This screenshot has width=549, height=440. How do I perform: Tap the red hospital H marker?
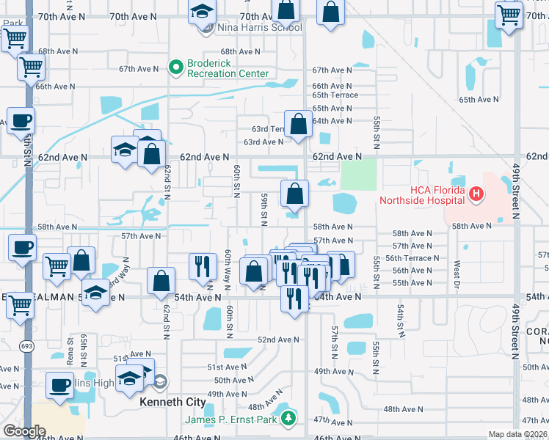(476, 194)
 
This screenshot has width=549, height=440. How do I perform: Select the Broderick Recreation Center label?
(228, 68)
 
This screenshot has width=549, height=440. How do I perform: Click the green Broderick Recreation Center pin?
(176, 68)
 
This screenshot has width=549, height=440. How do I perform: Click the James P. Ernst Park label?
(231, 419)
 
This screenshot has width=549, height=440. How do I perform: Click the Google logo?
(23, 431)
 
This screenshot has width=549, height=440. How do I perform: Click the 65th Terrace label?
(335, 95)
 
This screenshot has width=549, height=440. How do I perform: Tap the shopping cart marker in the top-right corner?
(509, 15)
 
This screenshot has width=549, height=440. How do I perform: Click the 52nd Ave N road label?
(277, 340)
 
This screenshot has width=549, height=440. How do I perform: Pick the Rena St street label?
(70, 351)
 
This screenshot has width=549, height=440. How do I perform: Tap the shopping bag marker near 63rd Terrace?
(298, 125)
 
